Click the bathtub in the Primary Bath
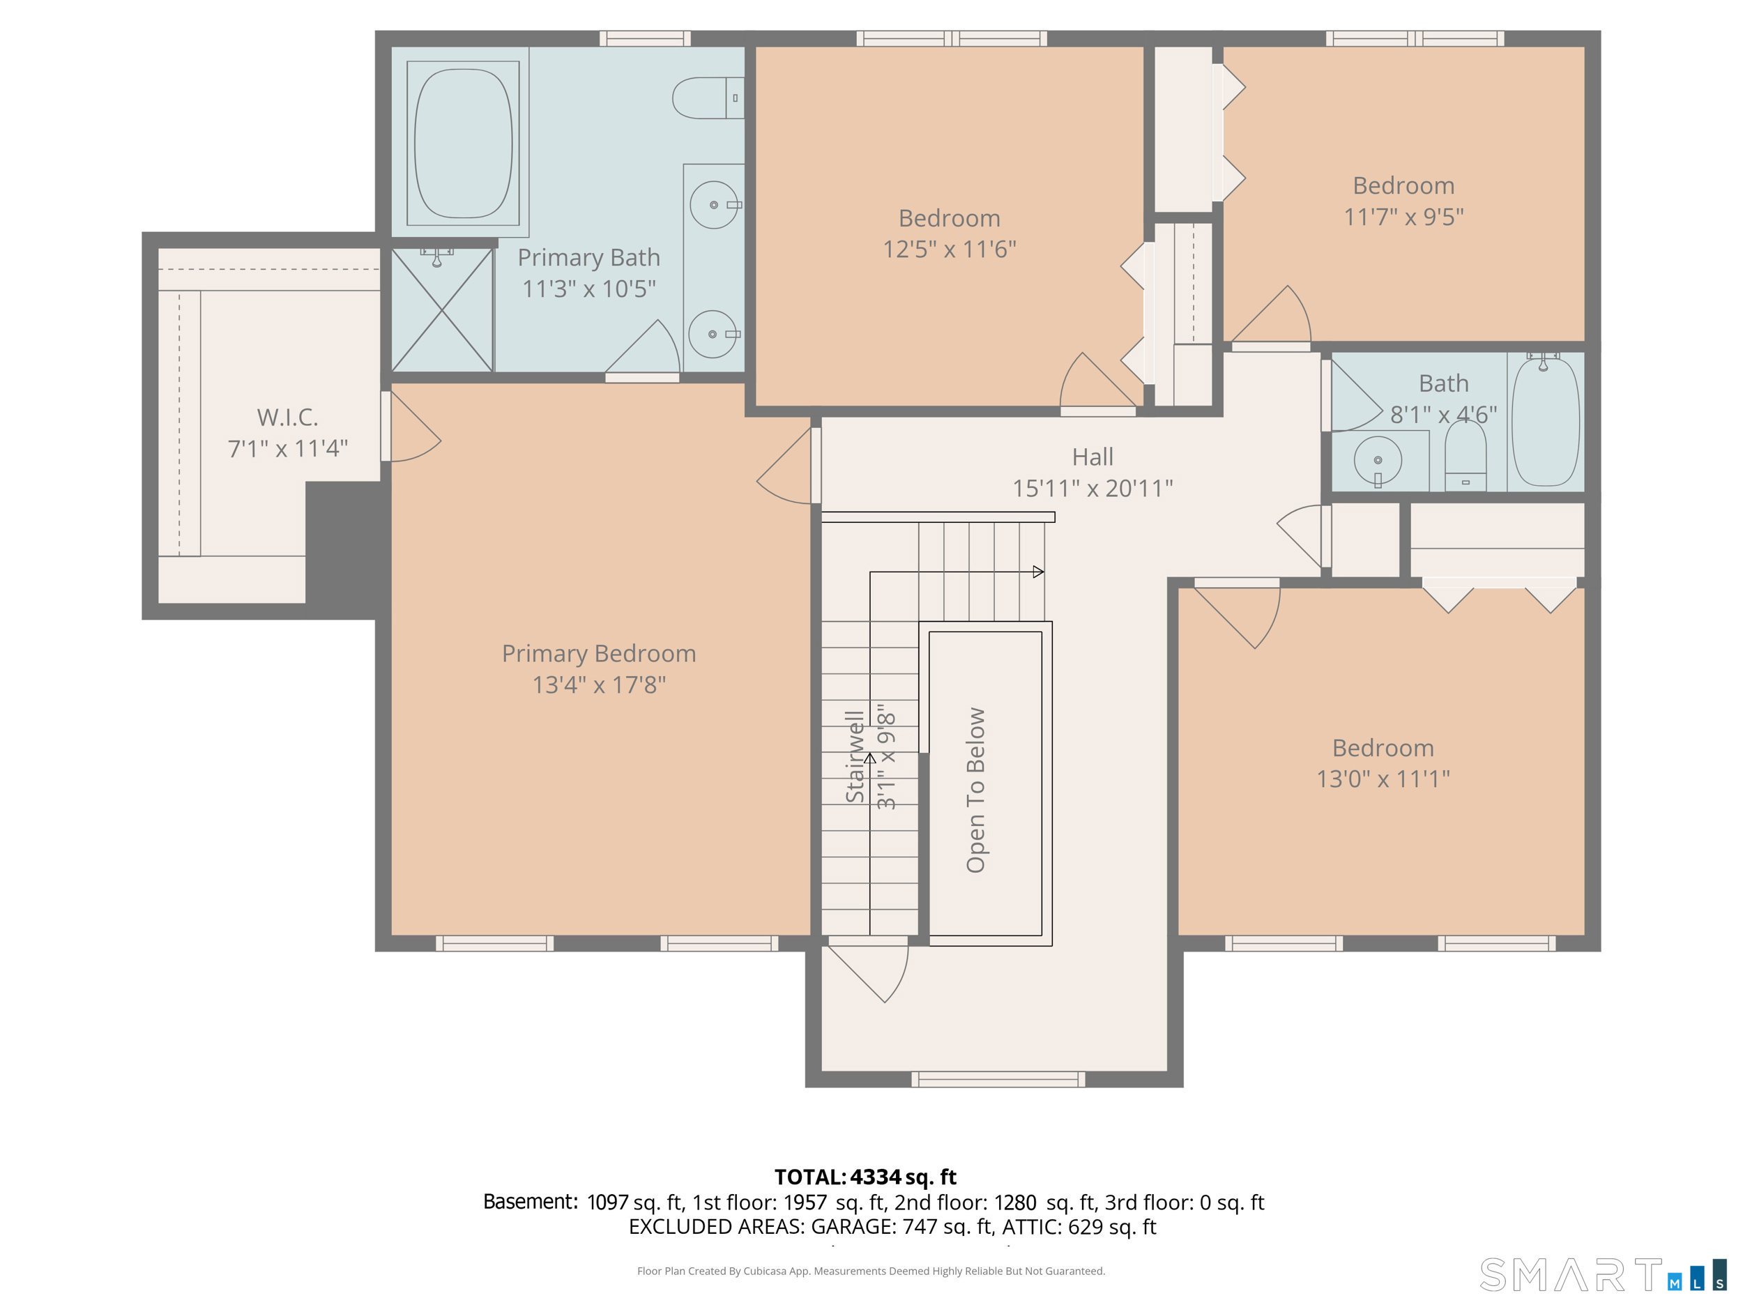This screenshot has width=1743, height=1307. (464, 144)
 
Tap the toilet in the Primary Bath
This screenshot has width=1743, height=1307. (708, 98)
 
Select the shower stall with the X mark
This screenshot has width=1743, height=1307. (442, 309)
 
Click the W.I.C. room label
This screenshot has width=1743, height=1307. (288, 417)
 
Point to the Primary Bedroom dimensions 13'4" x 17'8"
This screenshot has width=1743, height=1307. (599, 685)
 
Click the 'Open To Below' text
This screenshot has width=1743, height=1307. (975, 790)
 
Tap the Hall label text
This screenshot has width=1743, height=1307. (1093, 457)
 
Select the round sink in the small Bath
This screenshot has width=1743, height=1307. (1378, 460)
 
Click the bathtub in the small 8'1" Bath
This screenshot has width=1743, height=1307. (1546, 421)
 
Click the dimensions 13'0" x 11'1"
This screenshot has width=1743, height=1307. (1383, 779)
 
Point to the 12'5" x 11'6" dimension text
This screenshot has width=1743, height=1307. (950, 249)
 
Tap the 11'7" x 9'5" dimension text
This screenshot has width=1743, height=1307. (1403, 217)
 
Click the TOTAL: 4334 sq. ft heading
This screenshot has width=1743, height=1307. (865, 1177)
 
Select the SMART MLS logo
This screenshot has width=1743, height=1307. (1603, 1274)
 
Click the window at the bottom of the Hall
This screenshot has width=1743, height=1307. (998, 1079)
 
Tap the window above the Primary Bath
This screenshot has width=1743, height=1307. (646, 38)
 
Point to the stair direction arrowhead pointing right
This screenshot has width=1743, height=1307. (1039, 572)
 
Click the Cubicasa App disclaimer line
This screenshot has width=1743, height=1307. (871, 1271)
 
